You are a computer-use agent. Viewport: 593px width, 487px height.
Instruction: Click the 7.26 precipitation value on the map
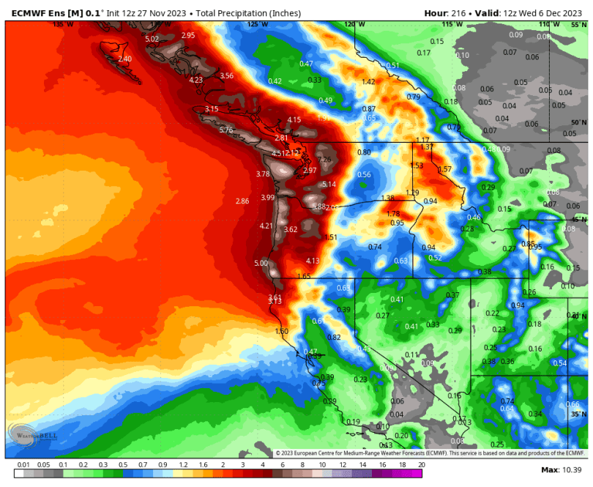(x=324, y=160)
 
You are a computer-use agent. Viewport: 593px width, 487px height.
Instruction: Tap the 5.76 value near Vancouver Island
(x=225, y=130)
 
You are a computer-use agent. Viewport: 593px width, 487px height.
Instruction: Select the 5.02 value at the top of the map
(x=152, y=39)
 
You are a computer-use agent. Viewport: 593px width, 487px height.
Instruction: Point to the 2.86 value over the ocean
(x=243, y=201)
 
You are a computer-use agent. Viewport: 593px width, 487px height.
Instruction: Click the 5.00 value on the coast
(x=261, y=263)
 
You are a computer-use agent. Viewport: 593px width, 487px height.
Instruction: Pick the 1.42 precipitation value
(x=368, y=82)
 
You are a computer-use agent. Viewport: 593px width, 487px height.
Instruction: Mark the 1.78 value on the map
(x=393, y=214)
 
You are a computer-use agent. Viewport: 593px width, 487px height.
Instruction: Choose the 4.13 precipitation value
(x=313, y=261)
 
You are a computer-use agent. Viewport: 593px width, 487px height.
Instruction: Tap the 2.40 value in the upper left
(x=125, y=59)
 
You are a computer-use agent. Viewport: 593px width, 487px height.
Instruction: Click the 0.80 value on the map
(x=364, y=152)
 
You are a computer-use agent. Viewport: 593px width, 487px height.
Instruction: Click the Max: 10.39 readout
(x=560, y=469)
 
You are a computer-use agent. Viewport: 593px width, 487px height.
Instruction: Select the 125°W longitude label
(x=258, y=24)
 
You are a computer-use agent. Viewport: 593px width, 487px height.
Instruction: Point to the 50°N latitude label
(x=578, y=122)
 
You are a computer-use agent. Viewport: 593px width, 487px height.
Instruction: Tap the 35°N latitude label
(x=578, y=414)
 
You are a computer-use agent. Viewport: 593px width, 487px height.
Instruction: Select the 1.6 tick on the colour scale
(x=202, y=464)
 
